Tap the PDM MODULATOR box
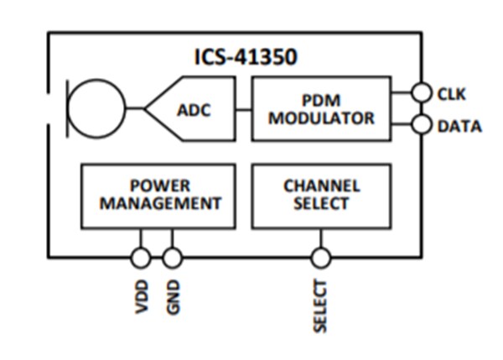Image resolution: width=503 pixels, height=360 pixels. (x=321, y=107)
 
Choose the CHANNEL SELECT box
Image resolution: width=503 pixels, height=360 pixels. (x=321, y=195)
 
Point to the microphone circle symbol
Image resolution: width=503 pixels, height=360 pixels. (x=96, y=108)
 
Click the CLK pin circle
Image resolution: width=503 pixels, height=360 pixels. (x=423, y=93)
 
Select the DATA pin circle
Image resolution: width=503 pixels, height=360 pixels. (x=423, y=126)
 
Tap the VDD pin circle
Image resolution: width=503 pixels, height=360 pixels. (x=141, y=257)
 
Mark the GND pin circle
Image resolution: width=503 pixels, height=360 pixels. (x=173, y=257)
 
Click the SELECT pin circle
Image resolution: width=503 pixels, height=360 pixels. (x=321, y=257)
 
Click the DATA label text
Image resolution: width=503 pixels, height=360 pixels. (x=459, y=127)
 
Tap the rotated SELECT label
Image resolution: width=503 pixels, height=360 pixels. (x=321, y=306)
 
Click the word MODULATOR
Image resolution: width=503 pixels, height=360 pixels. (x=321, y=117)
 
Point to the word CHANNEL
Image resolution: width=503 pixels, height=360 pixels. (x=321, y=185)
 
